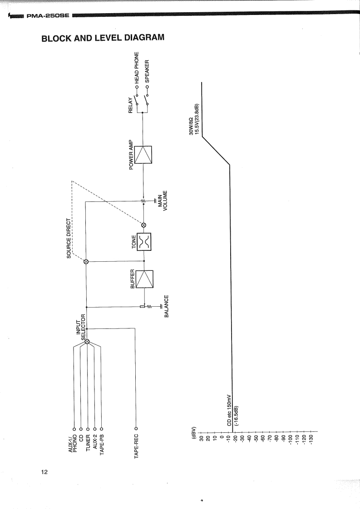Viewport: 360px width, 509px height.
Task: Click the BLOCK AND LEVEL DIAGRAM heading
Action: coord(102,38)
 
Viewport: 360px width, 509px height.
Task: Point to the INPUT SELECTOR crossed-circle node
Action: coord(87,342)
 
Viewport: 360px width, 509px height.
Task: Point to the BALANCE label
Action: coord(167,306)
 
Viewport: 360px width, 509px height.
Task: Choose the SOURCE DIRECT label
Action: coord(69,239)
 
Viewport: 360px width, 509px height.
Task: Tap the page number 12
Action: coord(44,472)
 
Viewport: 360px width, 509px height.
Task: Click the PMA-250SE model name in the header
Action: coord(47,17)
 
